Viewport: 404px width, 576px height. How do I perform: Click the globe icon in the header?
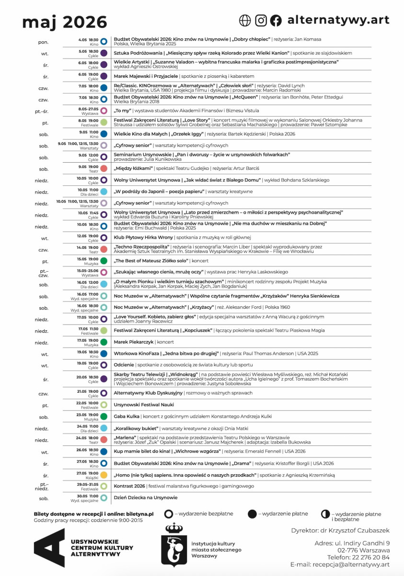[245, 20]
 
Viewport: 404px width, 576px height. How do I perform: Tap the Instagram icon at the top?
[261, 20]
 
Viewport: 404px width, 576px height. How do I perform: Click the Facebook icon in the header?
[276, 20]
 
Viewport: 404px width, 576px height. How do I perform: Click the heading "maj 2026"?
[65, 22]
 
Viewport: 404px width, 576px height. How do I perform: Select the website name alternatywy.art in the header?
[338, 20]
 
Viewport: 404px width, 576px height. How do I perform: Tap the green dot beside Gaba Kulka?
[104, 417]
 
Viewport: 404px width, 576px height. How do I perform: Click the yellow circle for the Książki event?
[104, 475]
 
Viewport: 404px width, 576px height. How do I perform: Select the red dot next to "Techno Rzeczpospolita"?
[104, 250]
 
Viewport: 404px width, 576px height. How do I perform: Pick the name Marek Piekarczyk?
[134, 342]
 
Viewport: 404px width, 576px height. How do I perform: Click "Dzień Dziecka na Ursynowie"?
[145, 498]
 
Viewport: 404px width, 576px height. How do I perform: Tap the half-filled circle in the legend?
[325, 514]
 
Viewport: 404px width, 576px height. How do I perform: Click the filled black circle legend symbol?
[252, 514]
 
